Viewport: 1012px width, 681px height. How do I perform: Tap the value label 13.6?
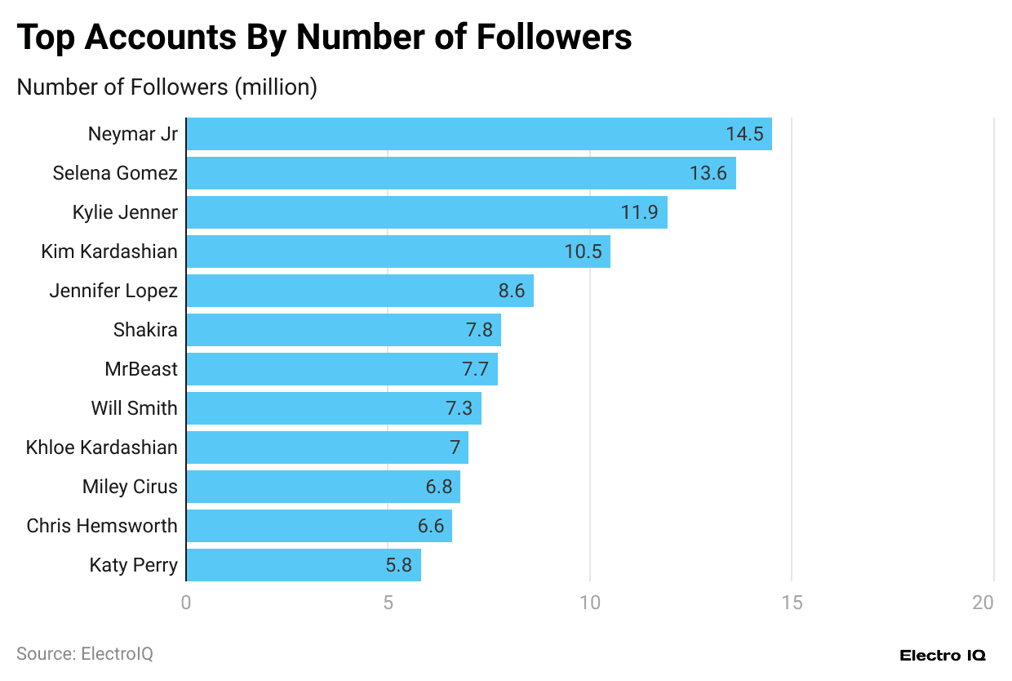pyautogui.click(x=708, y=173)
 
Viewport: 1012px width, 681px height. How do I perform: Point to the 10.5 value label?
pyautogui.click(x=583, y=251)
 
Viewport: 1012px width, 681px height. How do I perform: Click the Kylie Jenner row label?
pyautogui.click(x=125, y=212)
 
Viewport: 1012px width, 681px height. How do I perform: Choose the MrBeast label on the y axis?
pyautogui.click(x=140, y=369)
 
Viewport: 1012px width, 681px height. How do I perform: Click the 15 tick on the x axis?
pyautogui.click(x=792, y=603)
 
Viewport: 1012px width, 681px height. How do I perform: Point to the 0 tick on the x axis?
pyautogui.click(x=186, y=603)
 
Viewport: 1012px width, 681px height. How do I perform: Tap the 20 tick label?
pyautogui.click(x=983, y=603)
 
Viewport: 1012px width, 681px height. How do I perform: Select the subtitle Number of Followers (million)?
pyautogui.click(x=166, y=87)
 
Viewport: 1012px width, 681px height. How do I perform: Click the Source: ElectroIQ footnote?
pyautogui.click(x=85, y=654)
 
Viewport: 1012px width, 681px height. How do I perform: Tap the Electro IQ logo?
pyautogui.click(x=943, y=655)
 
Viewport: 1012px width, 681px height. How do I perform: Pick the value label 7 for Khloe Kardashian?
pyautogui.click(x=455, y=447)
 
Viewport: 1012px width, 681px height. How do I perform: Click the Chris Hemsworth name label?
pyautogui.click(x=102, y=526)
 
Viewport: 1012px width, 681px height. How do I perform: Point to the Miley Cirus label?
pyautogui.click(x=130, y=487)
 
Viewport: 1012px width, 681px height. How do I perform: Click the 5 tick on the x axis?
pyautogui.click(x=388, y=603)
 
